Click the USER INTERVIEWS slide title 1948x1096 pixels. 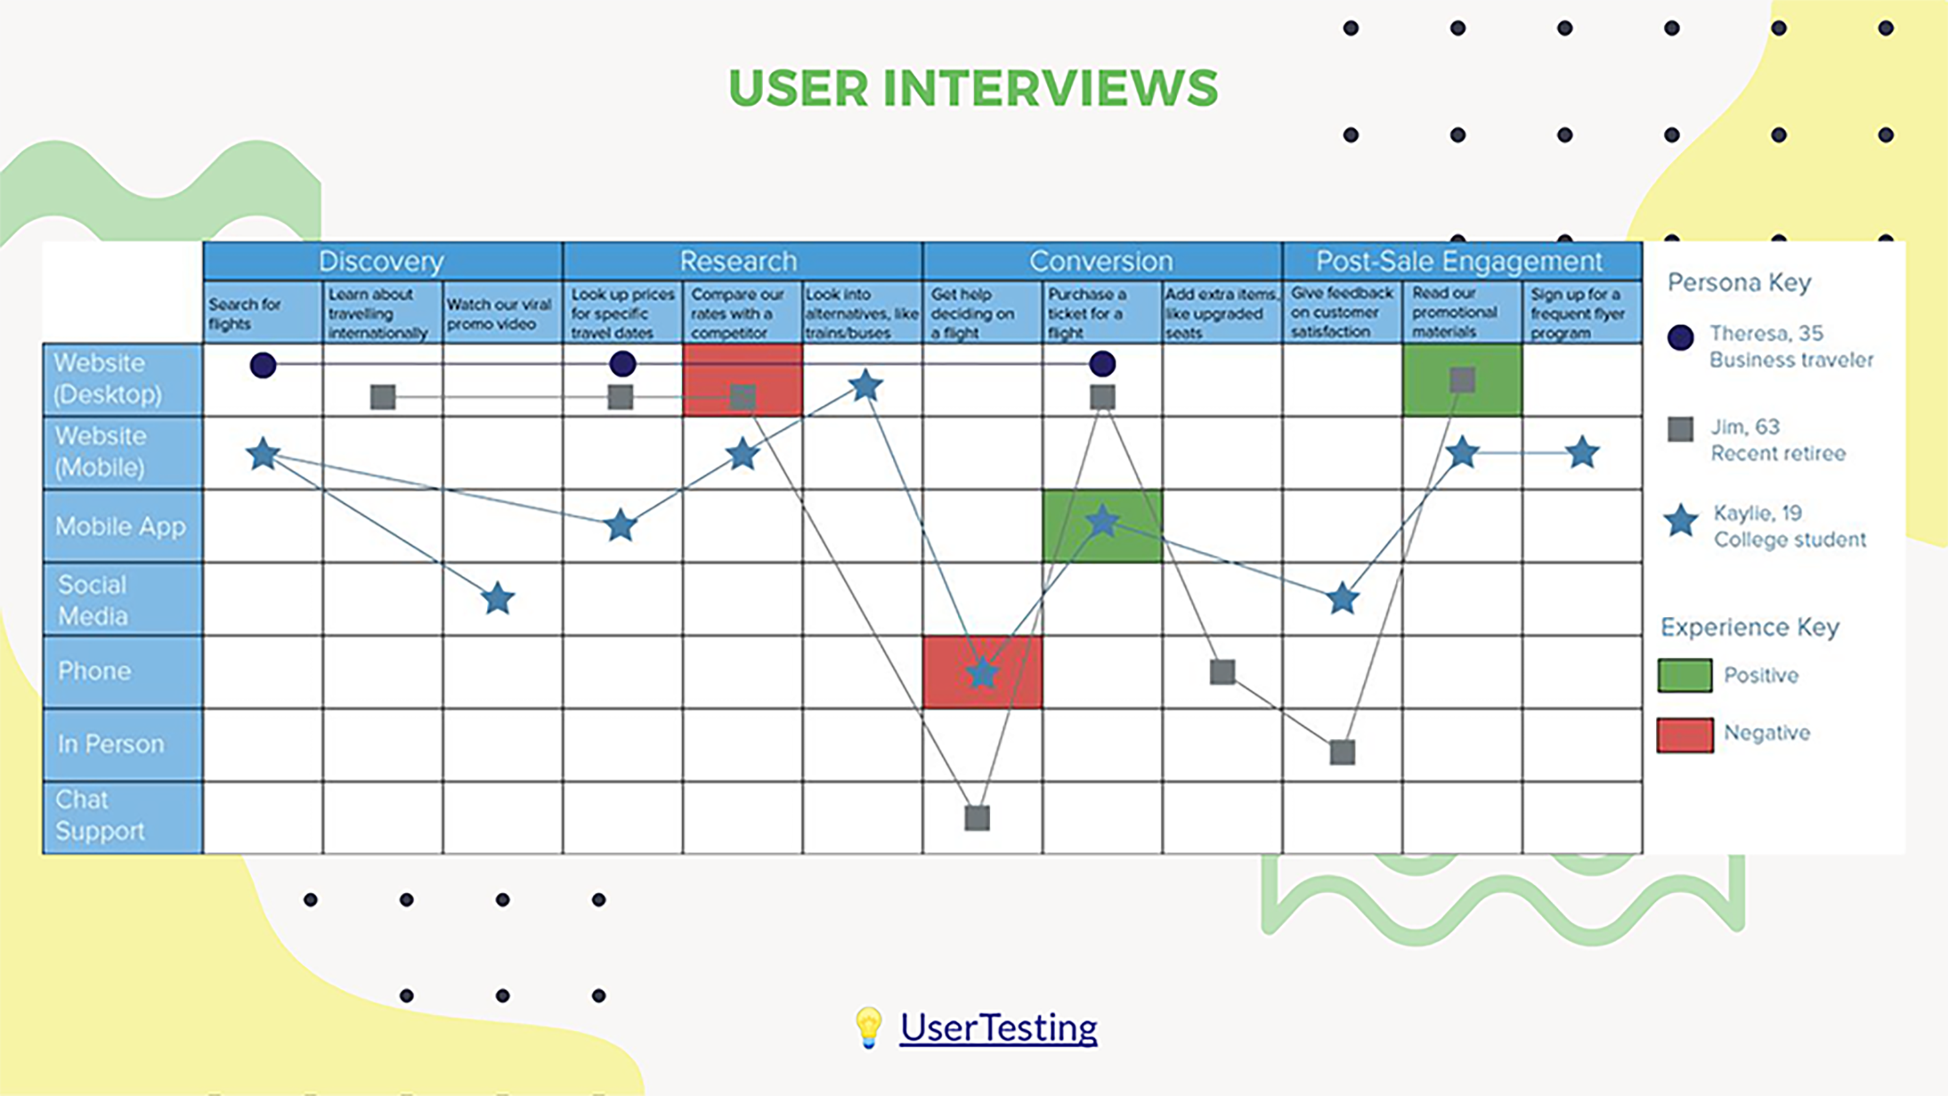[973, 88]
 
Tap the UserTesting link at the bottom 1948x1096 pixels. [998, 1027]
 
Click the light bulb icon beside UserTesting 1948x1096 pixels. [868, 1027]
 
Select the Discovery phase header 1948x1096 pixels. [382, 261]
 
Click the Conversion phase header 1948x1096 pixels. [1101, 261]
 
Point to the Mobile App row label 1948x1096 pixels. [121, 526]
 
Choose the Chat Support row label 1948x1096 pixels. [100, 816]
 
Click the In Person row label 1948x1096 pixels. [111, 744]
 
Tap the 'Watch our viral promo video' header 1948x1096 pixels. [500, 314]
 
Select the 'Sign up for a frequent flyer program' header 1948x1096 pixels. [1579, 314]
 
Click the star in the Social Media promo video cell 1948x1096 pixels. [498, 599]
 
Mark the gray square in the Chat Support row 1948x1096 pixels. [977, 817]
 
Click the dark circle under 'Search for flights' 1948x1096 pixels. [263, 366]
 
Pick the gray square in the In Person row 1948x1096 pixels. [1342, 752]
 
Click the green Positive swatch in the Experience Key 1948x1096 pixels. [1685, 675]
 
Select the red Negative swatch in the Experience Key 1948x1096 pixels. [1685, 734]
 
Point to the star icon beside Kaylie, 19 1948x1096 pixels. [1680, 521]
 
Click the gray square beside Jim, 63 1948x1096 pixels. [1680, 429]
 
